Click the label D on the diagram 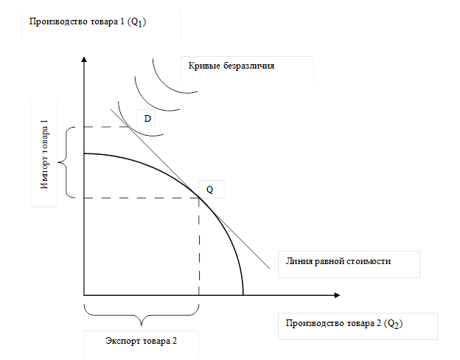147,118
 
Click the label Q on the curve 209,190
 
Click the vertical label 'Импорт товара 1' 44,153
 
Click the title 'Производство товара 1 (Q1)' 88,21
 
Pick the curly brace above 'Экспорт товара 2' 142,318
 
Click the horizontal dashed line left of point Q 140,198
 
